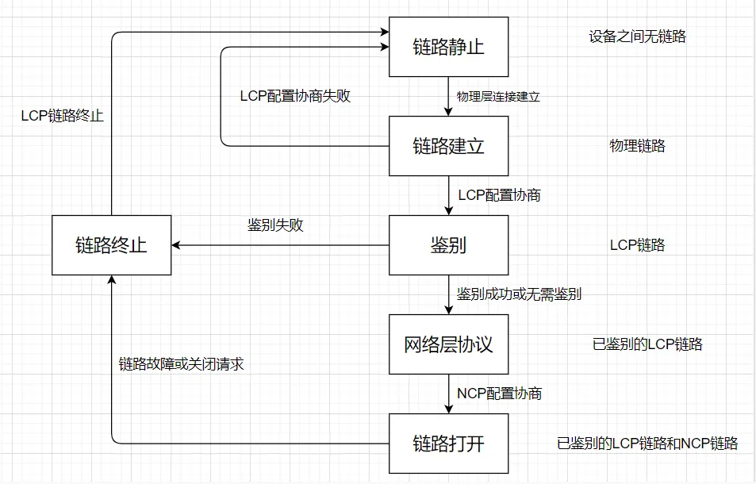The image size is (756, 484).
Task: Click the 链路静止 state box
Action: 448,47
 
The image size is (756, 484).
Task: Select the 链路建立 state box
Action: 448,146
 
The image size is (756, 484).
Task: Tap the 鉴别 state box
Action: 448,245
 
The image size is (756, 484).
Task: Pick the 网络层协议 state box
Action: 448,344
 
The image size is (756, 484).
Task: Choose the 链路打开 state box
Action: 448,443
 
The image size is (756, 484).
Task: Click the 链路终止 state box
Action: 111,245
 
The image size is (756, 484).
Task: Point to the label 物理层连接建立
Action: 498,97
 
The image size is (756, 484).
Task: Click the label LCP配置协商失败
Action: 295,96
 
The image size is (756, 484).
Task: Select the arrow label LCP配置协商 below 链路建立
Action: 500,194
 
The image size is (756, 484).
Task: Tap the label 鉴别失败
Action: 276,225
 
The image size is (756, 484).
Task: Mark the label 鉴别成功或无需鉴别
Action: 520,294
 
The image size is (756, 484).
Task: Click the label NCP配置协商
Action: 500,393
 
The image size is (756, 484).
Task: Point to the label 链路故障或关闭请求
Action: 175,365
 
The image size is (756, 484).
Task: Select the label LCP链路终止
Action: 63,115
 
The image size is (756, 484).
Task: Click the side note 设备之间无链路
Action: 637,36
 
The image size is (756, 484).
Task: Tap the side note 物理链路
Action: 637,146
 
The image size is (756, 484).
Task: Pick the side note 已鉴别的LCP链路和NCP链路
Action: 647,443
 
